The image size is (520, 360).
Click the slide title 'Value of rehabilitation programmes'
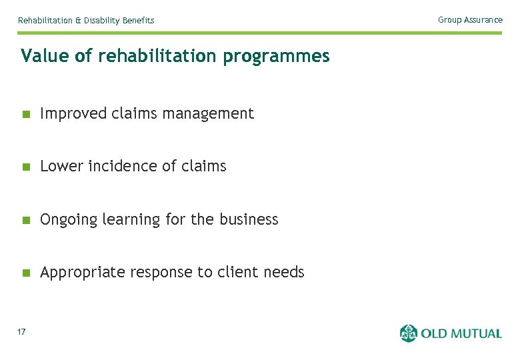tap(175, 57)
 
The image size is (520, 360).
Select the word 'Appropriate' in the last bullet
tap(83, 273)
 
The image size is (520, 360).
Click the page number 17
tap(22, 332)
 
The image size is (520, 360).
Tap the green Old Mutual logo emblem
tap(408, 333)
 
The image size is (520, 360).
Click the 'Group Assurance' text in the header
tap(470, 20)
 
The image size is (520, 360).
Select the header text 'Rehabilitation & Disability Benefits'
tap(86, 21)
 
